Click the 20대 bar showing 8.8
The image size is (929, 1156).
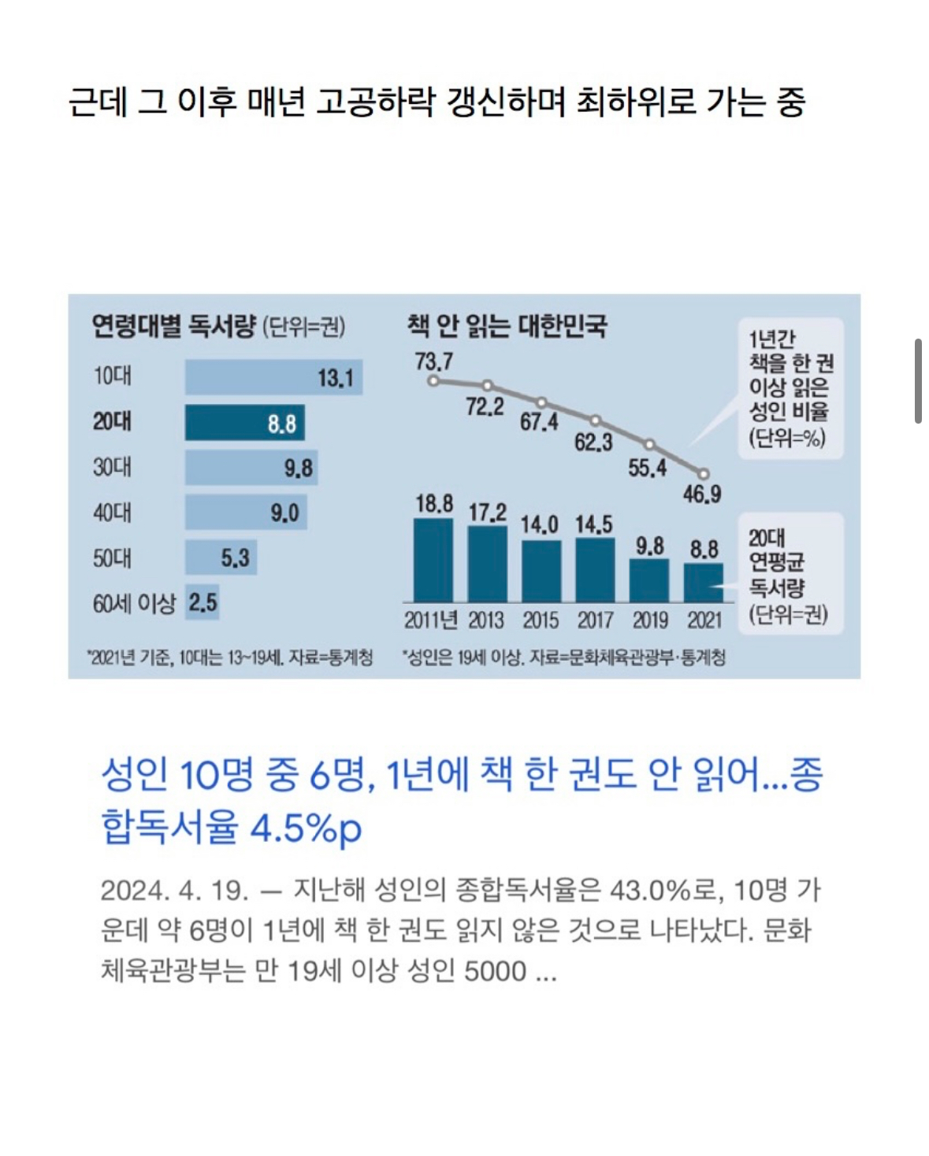point(244,423)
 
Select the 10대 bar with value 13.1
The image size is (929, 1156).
point(273,378)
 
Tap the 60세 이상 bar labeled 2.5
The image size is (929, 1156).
point(202,603)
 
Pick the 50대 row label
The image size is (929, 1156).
point(112,558)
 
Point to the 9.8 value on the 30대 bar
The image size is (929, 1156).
point(298,469)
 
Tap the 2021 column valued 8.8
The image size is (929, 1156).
point(703,582)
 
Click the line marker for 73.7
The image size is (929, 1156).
point(433,381)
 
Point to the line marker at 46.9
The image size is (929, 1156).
point(704,474)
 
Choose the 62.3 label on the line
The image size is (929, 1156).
point(593,443)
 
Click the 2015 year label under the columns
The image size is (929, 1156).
point(541,621)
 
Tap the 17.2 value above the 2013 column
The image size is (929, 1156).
point(487,513)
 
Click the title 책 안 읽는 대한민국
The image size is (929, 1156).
point(507,325)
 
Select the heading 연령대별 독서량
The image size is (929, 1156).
point(174,325)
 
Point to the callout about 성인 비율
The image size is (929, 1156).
point(790,388)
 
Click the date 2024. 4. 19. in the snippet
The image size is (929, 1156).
point(174,890)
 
